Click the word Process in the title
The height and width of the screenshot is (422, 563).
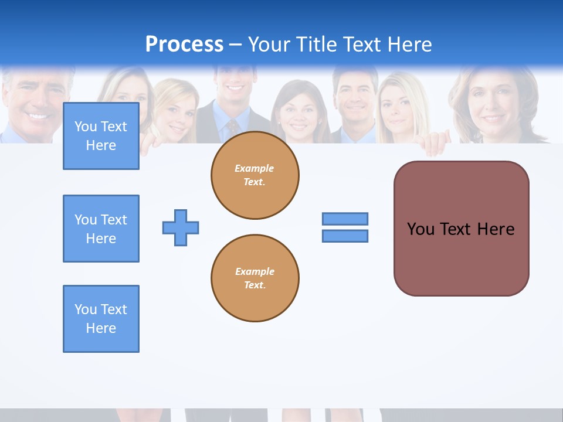pos(184,45)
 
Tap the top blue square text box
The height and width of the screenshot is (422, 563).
pos(101,136)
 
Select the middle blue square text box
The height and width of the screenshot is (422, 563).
pos(101,229)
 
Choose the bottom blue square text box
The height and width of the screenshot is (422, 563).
pos(101,319)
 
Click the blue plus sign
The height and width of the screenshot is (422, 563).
pos(181,227)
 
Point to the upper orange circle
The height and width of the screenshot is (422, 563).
pos(255,175)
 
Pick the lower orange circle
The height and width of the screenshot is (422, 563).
pos(255,278)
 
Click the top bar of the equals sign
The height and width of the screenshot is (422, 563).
pos(345,219)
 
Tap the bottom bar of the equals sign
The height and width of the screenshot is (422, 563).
pos(345,236)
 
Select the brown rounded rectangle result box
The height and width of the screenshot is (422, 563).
pos(461,229)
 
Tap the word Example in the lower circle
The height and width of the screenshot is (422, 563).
pos(255,271)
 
